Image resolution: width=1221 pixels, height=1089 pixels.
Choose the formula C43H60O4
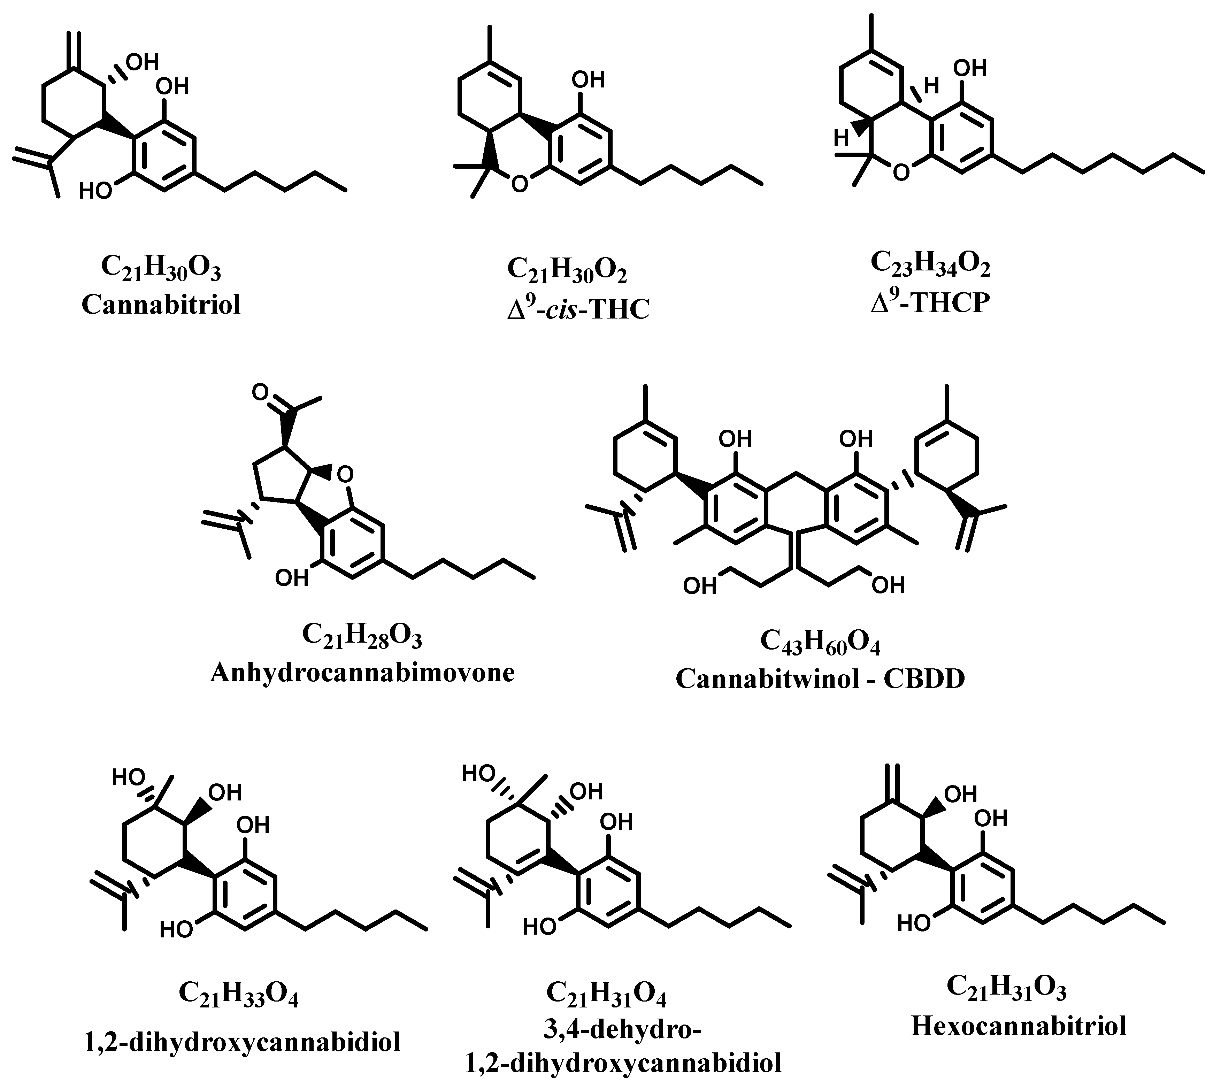click(x=820, y=641)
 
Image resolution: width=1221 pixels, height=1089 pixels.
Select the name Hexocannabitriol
click(x=1019, y=1026)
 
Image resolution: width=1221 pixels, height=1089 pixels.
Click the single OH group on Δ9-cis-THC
click(x=589, y=79)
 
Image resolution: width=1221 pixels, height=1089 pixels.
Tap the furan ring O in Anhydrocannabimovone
click(x=343, y=475)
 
